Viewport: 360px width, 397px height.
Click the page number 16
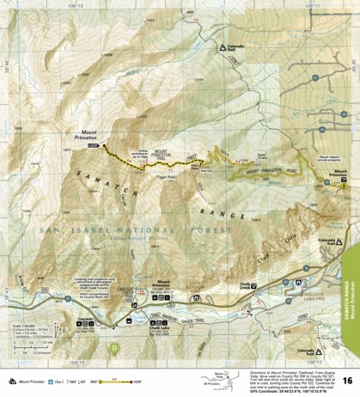pyautogui.click(x=345, y=381)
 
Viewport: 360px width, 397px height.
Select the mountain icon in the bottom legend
pyautogui.click(x=10, y=379)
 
